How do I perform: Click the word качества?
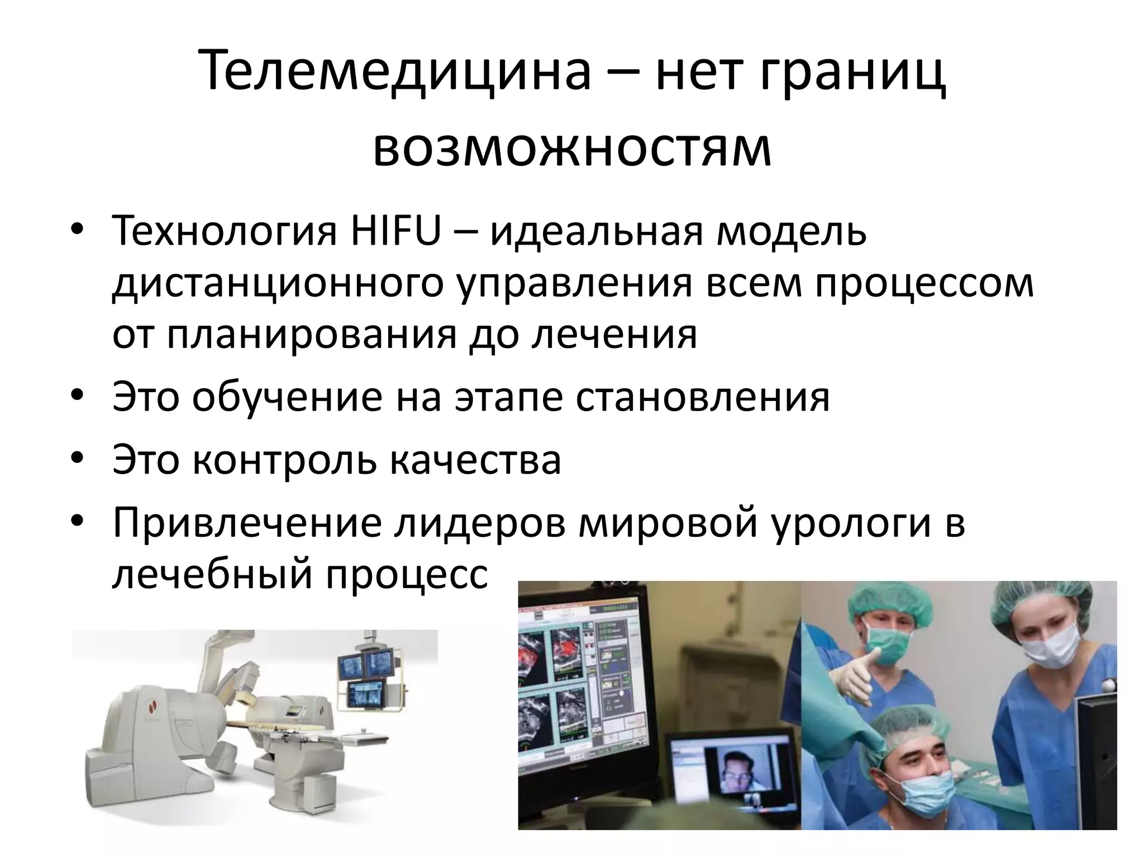click(x=475, y=459)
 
